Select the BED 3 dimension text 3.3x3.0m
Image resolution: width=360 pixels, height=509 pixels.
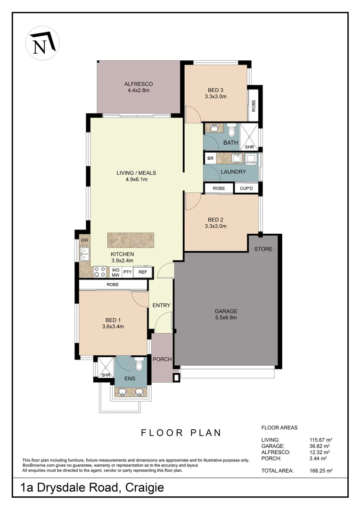(216, 97)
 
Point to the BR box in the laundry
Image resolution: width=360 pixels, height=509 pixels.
(210, 158)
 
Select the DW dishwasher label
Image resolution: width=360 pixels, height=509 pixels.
(85, 240)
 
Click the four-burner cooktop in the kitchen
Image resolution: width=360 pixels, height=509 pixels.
(100, 272)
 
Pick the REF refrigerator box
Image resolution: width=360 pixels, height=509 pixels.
(143, 272)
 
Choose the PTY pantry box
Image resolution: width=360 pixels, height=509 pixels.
(127, 272)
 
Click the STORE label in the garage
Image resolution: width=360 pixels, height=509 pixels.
(263, 249)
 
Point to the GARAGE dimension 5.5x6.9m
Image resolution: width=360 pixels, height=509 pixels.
(226, 318)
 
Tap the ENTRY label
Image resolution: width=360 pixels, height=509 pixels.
(161, 305)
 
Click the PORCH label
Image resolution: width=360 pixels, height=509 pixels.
(163, 359)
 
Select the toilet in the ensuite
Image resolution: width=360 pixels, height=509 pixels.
(139, 365)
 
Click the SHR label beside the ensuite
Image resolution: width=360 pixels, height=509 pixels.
(105, 375)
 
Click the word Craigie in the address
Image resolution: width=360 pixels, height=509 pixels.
(144, 488)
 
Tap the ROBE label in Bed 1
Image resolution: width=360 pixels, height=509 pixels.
(113, 285)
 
